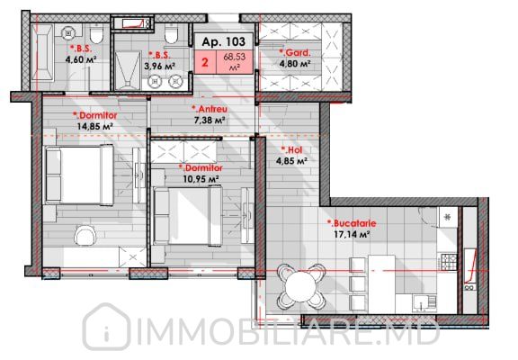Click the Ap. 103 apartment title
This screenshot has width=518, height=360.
[x=224, y=41]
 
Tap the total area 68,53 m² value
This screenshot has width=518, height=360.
[x=234, y=61]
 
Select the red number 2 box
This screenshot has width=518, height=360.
[x=205, y=62]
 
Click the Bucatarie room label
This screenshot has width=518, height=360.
[x=352, y=223]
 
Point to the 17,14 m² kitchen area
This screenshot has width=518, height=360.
[x=352, y=234]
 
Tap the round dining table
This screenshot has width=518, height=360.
[x=300, y=286]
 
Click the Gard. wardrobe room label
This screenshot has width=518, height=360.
[x=295, y=52]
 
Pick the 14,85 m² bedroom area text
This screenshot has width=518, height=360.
[x=95, y=126]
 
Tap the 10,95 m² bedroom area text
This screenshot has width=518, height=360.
[x=201, y=179]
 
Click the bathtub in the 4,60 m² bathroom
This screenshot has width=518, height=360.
[x=42, y=52]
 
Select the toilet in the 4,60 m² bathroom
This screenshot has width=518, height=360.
[x=96, y=35]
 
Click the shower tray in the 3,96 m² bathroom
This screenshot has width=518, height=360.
[x=128, y=70]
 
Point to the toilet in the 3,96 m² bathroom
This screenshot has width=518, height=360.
[x=171, y=34]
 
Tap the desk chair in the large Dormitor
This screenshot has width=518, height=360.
[x=85, y=236]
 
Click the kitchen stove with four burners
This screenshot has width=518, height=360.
[x=448, y=262]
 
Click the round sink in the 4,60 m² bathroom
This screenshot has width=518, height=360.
[x=68, y=32]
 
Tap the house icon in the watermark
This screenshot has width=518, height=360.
[x=106, y=327]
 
